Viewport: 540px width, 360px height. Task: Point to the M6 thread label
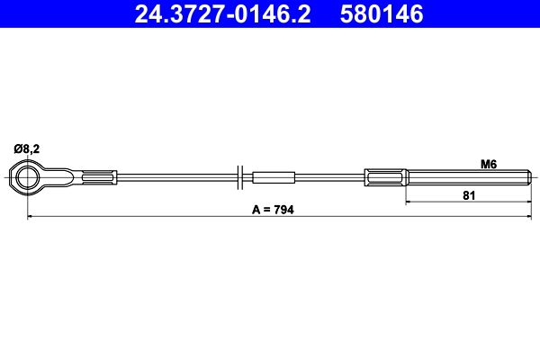[x=489, y=164]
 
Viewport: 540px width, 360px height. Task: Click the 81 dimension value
[x=468, y=194]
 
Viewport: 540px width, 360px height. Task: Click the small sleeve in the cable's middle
[x=274, y=177]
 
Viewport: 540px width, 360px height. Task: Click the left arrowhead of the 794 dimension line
[x=31, y=217]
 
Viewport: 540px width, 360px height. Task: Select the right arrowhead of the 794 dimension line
[x=527, y=217]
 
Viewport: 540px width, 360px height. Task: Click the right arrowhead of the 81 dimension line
[x=527, y=202]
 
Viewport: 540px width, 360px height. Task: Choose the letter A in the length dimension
[x=256, y=209]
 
